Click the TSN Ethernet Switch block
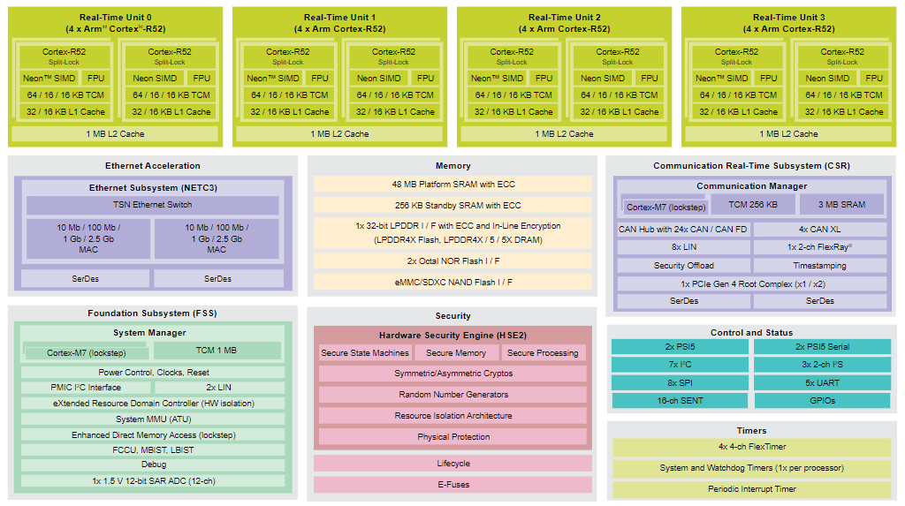[x=152, y=205]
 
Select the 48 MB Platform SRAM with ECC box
[x=453, y=184]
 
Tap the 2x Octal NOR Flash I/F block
[x=453, y=261]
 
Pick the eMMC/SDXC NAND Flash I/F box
[x=453, y=282]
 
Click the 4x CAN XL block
[x=819, y=229]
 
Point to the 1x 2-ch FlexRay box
[x=819, y=247]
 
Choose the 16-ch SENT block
[x=680, y=400]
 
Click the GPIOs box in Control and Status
[x=823, y=400]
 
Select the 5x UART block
[x=823, y=382]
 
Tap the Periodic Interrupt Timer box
[x=751, y=488]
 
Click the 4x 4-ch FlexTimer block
[x=751, y=447]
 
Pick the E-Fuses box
[x=453, y=485]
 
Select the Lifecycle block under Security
[x=453, y=464]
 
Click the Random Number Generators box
[x=453, y=395]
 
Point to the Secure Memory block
[x=456, y=352]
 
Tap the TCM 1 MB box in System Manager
[x=217, y=351]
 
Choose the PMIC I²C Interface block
[x=86, y=387]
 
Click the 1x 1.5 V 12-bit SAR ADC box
[x=153, y=480]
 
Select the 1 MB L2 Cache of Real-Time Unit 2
[x=564, y=134]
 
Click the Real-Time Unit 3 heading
[x=788, y=23]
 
